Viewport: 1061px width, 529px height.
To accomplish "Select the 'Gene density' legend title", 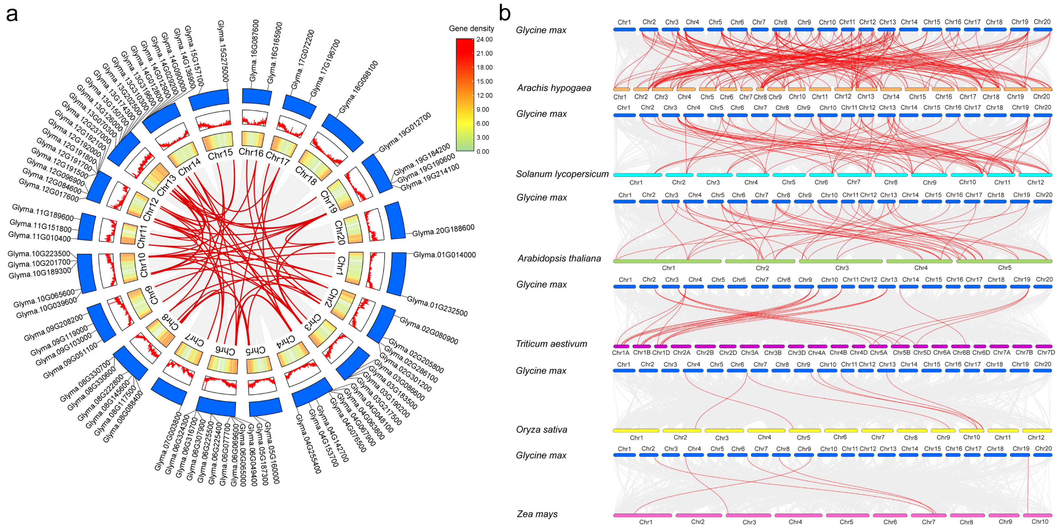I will coord(471,28).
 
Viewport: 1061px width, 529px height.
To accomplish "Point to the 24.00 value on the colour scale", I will coord(484,40).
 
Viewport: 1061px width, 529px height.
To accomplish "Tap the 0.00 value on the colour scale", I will coord(483,151).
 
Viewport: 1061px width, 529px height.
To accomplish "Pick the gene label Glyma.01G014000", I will coord(444,255).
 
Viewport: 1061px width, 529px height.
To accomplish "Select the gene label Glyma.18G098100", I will coord(358,87).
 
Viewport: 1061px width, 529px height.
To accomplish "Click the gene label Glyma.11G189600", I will coord(43,212).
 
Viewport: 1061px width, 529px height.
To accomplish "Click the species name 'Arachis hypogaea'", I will coord(554,88).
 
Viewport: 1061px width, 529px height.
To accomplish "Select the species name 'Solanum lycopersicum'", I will coord(562,174).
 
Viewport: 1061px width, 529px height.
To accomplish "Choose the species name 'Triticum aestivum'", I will coord(551,344).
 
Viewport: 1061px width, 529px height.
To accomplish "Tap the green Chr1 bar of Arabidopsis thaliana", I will coord(667,261).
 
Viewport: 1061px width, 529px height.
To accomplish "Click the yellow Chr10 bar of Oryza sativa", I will coord(971,431).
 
